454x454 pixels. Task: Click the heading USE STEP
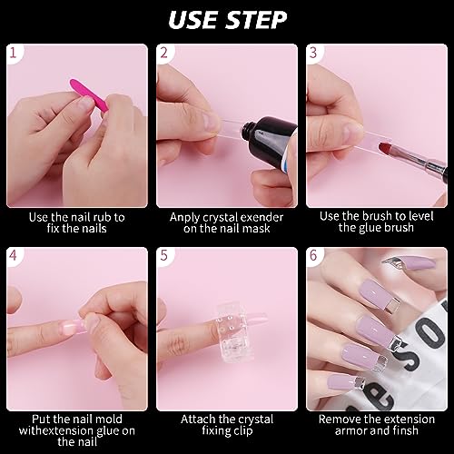227,20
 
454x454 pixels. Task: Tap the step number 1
13,53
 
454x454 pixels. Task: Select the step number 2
163,53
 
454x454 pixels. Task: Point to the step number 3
313,53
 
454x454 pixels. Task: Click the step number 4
13,255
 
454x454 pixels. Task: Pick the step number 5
163,255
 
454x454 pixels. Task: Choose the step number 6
313,255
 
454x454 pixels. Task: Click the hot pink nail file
88,94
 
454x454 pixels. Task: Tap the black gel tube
269,140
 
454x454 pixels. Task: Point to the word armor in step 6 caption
351,430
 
